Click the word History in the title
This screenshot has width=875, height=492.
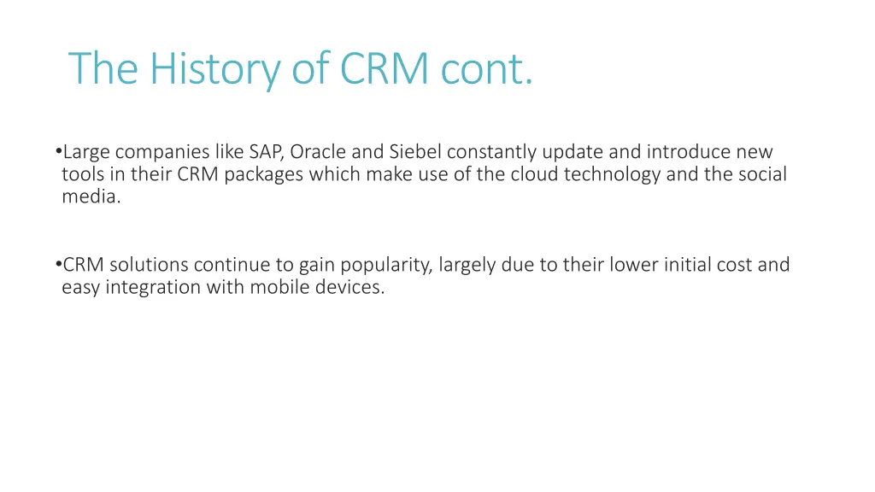point(214,68)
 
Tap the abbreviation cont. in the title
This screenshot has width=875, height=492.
point(487,68)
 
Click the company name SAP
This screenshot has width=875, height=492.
point(267,152)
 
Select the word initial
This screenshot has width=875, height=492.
point(695,265)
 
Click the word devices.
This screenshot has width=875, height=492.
point(349,287)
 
